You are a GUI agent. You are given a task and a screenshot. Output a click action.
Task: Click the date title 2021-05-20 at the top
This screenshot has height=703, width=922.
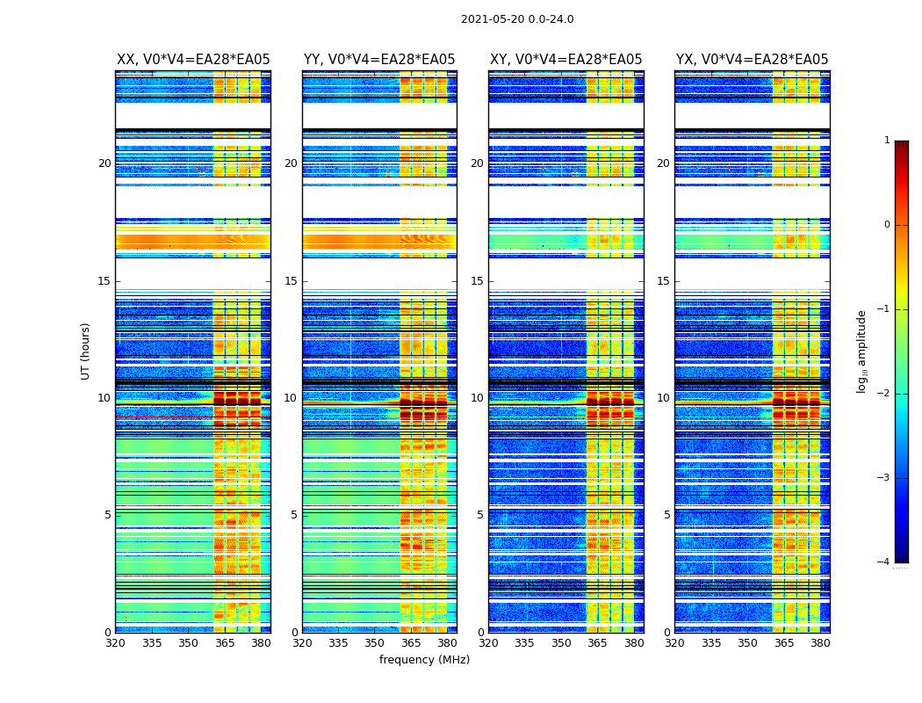[x=517, y=19]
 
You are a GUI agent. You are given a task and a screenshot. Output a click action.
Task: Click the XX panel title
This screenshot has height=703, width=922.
[x=193, y=60]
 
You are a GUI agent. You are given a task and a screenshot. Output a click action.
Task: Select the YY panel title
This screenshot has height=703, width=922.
[x=379, y=60]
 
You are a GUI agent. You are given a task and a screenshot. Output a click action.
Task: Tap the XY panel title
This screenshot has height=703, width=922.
[x=565, y=60]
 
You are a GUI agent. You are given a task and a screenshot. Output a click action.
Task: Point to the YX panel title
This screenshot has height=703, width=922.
[x=752, y=60]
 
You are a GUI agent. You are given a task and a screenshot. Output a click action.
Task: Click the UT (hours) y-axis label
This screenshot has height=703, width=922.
[x=86, y=351]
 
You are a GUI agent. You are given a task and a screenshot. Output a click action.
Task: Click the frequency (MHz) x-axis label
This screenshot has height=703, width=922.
[x=424, y=660]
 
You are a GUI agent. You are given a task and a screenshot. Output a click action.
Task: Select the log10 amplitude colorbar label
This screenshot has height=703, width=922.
[x=862, y=351]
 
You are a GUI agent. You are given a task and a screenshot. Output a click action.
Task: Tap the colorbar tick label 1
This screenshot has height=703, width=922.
[x=886, y=141]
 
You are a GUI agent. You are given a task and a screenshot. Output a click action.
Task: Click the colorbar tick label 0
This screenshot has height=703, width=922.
[x=886, y=225]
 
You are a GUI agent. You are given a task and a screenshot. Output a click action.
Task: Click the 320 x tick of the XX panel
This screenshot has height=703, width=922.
[x=115, y=643]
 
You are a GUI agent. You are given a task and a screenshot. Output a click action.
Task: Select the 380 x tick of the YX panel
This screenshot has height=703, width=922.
[x=820, y=643]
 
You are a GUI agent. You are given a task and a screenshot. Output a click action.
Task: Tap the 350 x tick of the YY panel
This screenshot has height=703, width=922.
[x=375, y=643]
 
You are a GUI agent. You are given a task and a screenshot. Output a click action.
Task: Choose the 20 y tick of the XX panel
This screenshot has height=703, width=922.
[x=104, y=163]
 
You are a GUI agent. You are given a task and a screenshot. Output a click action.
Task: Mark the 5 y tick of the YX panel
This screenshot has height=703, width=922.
[x=666, y=515]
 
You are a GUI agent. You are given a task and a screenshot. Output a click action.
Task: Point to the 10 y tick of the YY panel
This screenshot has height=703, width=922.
[x=291, y=398]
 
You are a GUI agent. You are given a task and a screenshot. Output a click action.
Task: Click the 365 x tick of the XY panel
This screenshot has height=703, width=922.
[x=597, y=643]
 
